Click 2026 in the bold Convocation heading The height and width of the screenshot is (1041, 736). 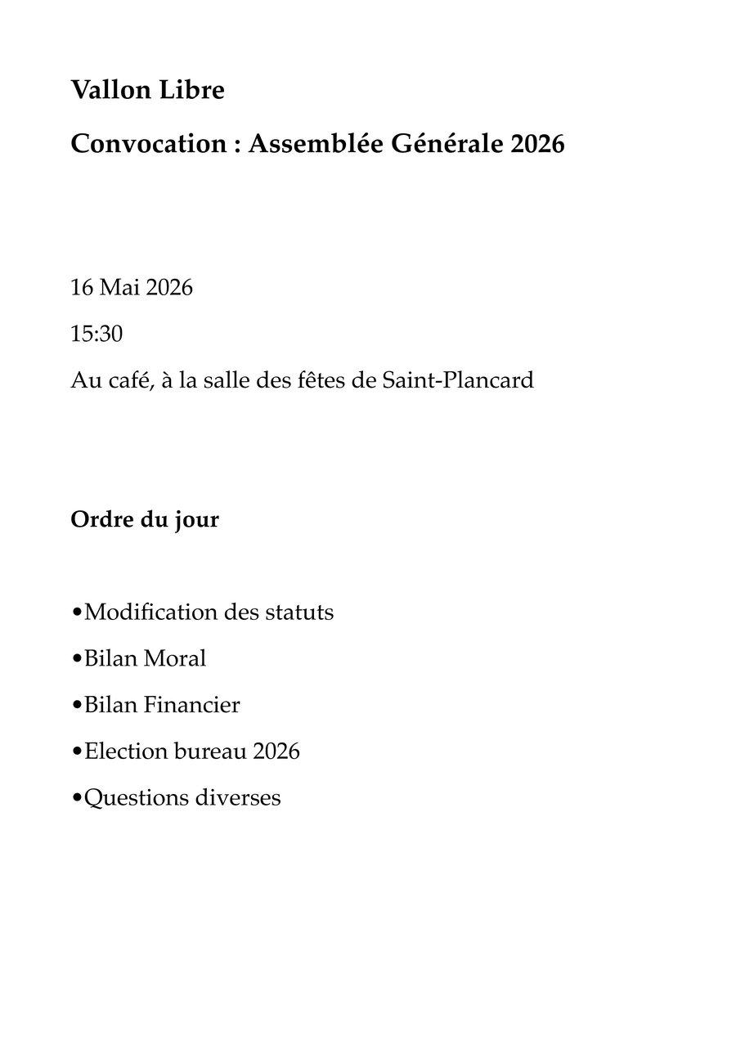537,144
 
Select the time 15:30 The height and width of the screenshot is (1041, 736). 96,334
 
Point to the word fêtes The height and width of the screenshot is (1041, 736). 319,380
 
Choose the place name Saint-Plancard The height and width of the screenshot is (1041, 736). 458,380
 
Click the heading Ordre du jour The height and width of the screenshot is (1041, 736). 145,519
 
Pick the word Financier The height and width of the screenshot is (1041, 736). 192,705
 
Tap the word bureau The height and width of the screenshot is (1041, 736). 210,751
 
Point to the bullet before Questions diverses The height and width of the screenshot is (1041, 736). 77,798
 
